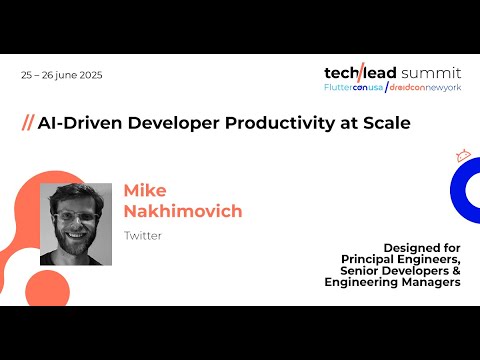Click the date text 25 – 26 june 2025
click(61, 75)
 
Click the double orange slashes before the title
click(27, 123)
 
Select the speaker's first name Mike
click(145, 191)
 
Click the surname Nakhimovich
click(183, 211)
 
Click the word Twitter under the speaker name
click(142, 236)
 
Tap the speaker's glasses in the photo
click(77, 215)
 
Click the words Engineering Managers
click(392, 283)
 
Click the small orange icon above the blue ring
click(462, 155)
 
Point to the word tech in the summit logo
click(344, 72)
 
